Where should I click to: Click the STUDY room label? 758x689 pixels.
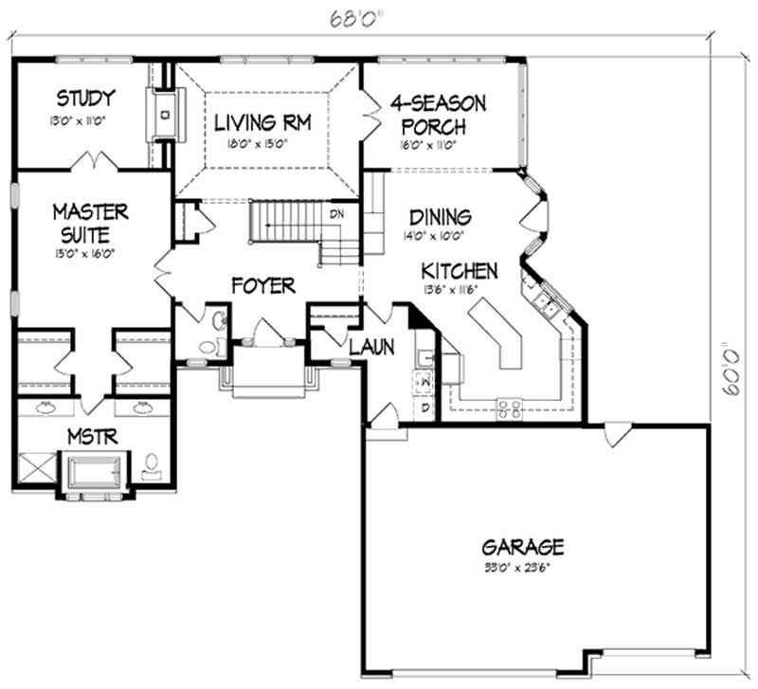(85, 98)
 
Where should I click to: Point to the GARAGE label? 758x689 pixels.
(523, 547)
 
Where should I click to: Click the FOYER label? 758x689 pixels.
(262, 285)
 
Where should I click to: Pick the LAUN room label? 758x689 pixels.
(370, 348)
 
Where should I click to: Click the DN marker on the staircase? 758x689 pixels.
(336, 214)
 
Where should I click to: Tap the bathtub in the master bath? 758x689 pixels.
(92, 470)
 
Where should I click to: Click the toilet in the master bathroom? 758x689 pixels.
(151, 465)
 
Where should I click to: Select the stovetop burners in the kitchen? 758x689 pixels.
(508, 408)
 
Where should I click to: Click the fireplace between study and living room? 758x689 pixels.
(165, 114)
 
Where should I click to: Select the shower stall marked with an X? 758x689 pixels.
(36, 469)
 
